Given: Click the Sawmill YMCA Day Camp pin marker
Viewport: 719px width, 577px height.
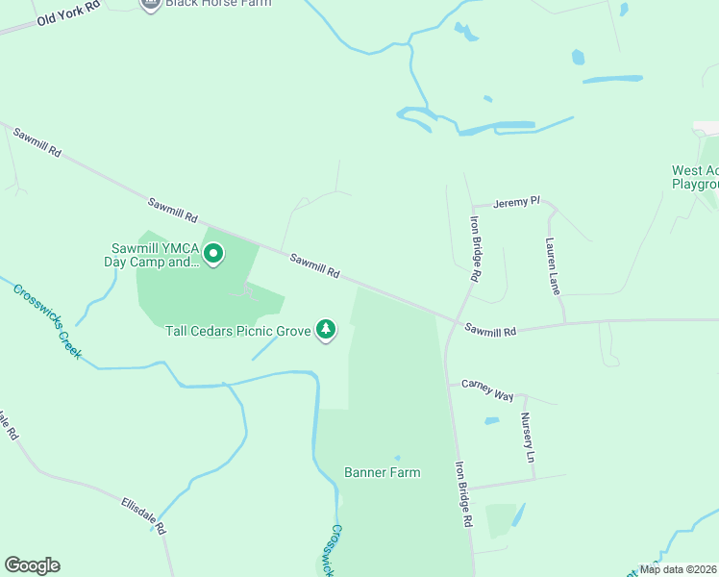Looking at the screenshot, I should tap(213, 254).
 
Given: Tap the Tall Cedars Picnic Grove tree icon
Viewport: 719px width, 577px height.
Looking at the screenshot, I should tap(327, 330).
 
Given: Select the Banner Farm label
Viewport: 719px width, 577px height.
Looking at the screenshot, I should tap(383, 472).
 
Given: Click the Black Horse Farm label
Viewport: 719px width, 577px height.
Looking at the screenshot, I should tap(217, 3).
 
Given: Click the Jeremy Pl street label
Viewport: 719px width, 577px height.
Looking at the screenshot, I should tap(517, 203).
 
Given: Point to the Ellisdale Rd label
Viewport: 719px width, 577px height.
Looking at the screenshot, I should tap(143, 515).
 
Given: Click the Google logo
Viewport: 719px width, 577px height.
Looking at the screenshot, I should tap(32, 565).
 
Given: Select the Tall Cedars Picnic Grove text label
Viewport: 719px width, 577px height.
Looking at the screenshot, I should tap(237, 331).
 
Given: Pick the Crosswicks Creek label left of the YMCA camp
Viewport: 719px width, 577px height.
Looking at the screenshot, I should tap(48, 320).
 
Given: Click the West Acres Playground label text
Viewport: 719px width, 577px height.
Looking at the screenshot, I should tap(696, 177).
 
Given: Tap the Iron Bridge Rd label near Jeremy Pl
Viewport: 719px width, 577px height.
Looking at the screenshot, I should tap(475, 247).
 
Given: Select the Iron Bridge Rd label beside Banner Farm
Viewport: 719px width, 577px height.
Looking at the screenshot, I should tap(463, 493).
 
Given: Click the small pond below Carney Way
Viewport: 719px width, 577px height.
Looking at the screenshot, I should tap(492, 420).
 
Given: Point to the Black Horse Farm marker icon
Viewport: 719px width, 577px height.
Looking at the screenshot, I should tap(150, 4).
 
